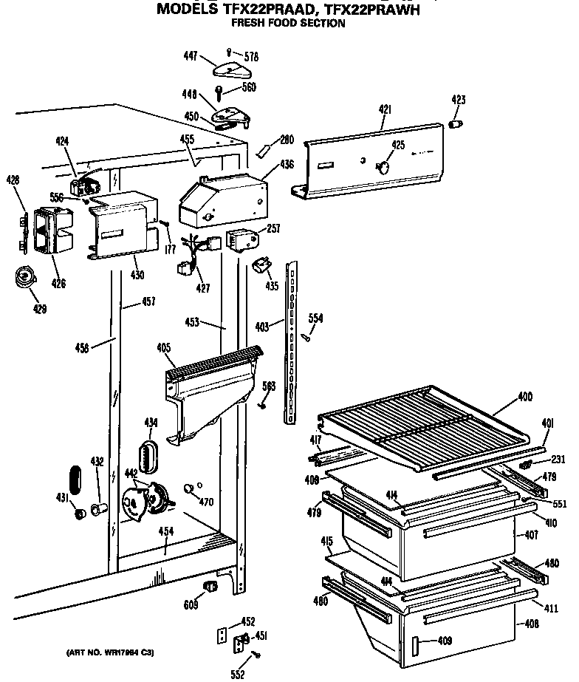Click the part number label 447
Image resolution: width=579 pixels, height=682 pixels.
pyautogui.click(x=191, y=55)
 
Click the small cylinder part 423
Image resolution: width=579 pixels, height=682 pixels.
pyautogui.click(x=457, y=121)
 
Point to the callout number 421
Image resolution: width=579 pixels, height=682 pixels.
pyautogui.click(x=384, y=110)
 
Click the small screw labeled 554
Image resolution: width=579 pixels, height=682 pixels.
pyautogui.click(x=304, y=337)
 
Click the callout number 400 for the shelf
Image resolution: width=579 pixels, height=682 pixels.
pyautogui.click(x=524, y=398)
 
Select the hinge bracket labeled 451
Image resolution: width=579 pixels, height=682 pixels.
pyautogui.click(x=241, y=643)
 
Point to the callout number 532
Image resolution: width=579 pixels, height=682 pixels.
pyautogui.click(x=236, y=673)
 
